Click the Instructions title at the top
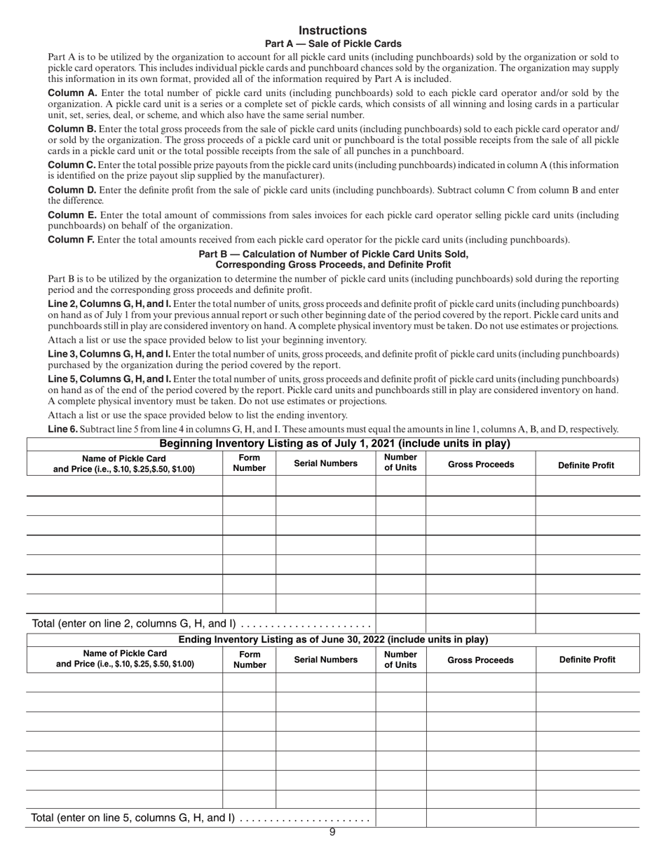pos(332,30)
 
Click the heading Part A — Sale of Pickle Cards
pos(333,43)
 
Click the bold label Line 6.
pos(62,429)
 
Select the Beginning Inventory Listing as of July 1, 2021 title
pos(334,444)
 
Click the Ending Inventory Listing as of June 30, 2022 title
pos(333,640)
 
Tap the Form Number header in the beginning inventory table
pos(250,463)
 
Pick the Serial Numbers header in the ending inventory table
pos(325,659)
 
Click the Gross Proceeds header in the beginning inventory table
pos(480,464)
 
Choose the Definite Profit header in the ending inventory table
pos(587,659)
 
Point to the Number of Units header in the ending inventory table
pos(400,659)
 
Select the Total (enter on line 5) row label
pos(132,818)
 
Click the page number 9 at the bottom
pos(332,833)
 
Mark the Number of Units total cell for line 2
pos(400,623)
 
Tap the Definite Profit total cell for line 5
pos(587,818)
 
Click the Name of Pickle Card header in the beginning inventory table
pos(124,464)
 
